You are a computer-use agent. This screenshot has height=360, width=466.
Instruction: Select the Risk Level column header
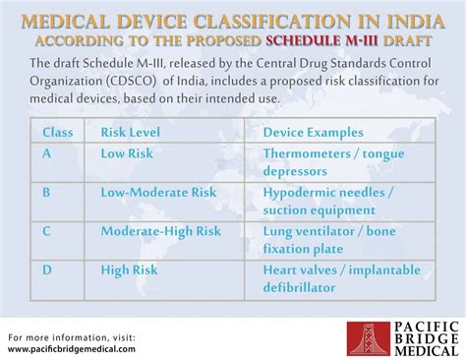coord(131,132)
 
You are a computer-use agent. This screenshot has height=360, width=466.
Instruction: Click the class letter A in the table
coord(47,153)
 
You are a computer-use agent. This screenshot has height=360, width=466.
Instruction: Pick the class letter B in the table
coord(47,193)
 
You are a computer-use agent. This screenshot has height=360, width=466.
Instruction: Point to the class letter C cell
coord(47,231)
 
